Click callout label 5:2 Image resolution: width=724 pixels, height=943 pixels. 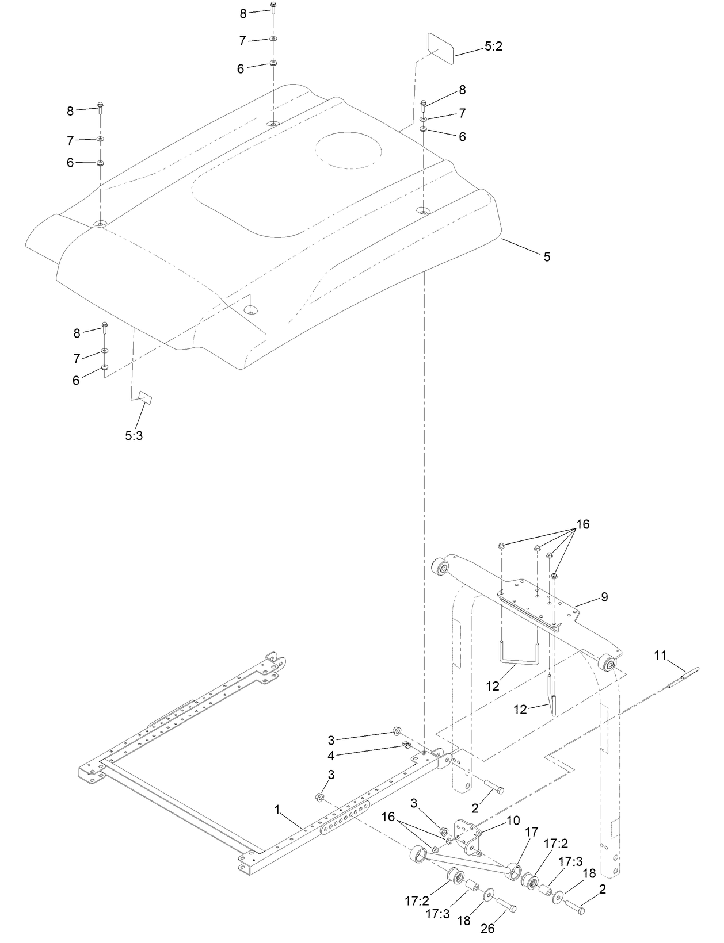pos(493,47)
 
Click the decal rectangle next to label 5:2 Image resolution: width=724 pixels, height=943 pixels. pos(441,47)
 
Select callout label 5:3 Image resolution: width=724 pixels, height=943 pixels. pos(134,436)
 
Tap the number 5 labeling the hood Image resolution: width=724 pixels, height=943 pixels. pos(547,257)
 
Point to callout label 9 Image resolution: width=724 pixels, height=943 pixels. pos(604,597)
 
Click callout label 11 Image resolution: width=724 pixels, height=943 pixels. pos(660,655)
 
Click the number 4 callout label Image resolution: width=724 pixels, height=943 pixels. pos(331,756)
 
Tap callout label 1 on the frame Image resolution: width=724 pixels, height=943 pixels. pos(277,810)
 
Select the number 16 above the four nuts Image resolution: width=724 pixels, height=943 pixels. pos(582,524)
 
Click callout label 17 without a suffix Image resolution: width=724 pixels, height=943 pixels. pos(531,831)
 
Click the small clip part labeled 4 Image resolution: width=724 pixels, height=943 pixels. pos(406,746)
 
